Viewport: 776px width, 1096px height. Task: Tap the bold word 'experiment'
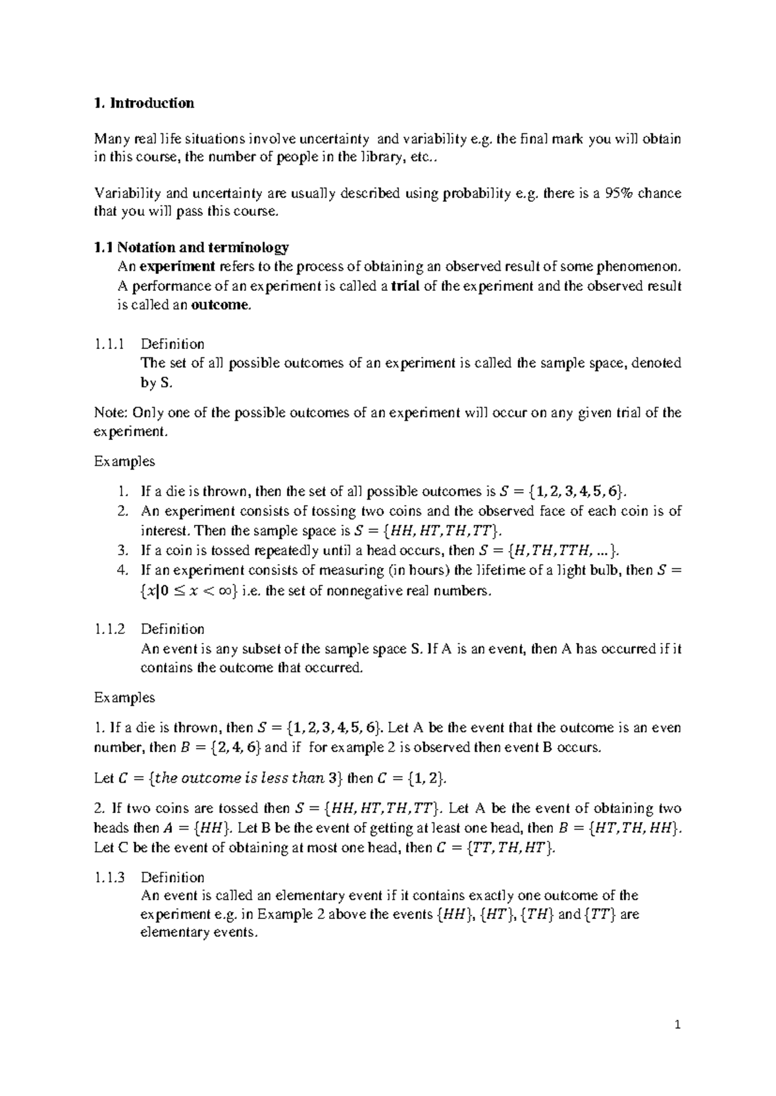coord(177,267)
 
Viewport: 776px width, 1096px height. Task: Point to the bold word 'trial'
coord(405,286)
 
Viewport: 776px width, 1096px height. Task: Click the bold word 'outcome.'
coord(221,306)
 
